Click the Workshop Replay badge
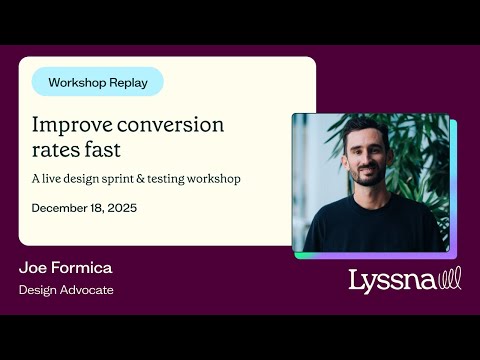pyautogui.click(x=97, y=82)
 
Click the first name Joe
pyautogui.click(x=34, y=268)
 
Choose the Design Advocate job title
pyautogui.click(x=66, y=290)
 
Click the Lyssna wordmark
pyautogui.click(x=392, y=281)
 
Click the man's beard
pyautogui.click(x=366, y=173)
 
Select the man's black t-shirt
pyautogui.click(x=370, y=224)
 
